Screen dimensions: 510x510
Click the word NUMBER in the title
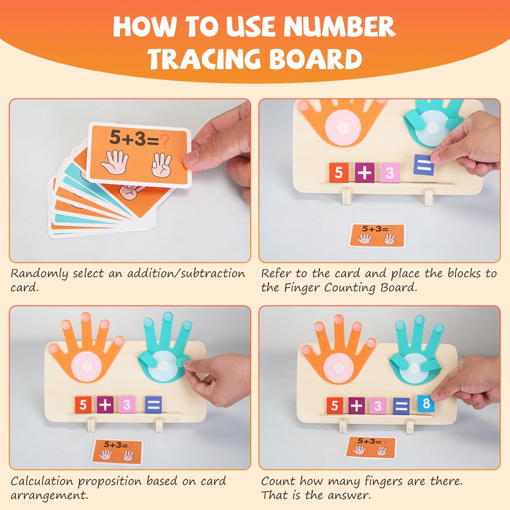(339, 27)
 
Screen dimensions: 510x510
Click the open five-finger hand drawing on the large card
(114, 162)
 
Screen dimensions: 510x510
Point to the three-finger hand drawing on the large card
(161, 164)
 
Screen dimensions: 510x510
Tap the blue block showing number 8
(426, 403)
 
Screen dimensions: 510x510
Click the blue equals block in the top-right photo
(424, 165)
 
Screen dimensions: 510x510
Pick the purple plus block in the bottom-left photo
(105, 405)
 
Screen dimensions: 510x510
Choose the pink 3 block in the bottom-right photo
(378, 406)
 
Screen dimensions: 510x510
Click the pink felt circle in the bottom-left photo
(87, 367)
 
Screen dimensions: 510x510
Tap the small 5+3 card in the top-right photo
(377, 235)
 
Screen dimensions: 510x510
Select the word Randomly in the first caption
(39, 274)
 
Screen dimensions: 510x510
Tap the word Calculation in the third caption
(42, 481)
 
